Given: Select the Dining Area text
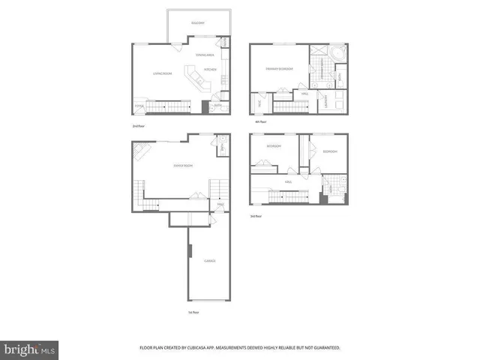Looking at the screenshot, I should tap(205, 55).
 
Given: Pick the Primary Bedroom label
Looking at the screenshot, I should tap(279, 69).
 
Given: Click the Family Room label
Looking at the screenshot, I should tap(184, 165).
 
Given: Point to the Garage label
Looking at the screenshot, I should tap(210, 260).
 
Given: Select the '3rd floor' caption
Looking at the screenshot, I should tap(256, 216).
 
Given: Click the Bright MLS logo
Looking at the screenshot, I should tap(30, 349).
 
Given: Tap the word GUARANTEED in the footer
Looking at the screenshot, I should tap(323, 348).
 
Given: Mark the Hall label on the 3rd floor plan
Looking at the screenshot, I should tap(288, 181).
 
